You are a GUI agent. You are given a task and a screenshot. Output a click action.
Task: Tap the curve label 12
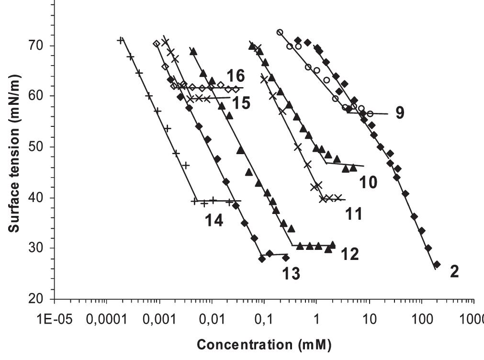click(x=349, y=254)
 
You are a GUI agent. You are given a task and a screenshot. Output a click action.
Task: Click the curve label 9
click(x=400, y=113)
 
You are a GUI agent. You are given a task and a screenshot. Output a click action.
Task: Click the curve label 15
click(x=242, y=103)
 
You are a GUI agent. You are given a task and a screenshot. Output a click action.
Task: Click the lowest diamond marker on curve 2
click(x=437, y=264)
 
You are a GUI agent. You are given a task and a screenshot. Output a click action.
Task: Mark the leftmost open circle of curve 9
click(x=280, y=32)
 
